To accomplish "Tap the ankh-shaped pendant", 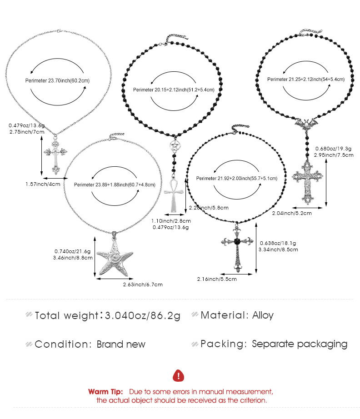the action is (x=174, y=196).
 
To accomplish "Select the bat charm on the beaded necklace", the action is (x=306, y=124).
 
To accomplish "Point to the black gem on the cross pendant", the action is (x=237, y=241).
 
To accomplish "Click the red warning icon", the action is (x=179, y=375).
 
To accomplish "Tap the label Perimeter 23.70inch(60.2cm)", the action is (x=57, y=81).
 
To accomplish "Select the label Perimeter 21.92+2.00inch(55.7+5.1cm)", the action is (x=237, y=178).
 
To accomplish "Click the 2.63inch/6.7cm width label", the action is (x=143, y=284).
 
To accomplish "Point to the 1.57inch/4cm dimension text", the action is (x=43, y=184).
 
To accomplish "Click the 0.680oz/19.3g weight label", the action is (x=333, y=149).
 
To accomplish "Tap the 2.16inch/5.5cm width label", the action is (x=217, y=279).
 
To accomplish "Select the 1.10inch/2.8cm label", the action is (x=171, y=221).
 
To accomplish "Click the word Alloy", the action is (x=263, y=315).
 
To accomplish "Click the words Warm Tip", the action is (x=105, y=392).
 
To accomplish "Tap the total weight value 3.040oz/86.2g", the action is (x=142, y=315).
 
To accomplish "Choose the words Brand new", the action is (x=121, y=344).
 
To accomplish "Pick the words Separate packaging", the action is (x=300, y=344).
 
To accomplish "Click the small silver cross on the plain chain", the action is (x=55, y=156).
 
